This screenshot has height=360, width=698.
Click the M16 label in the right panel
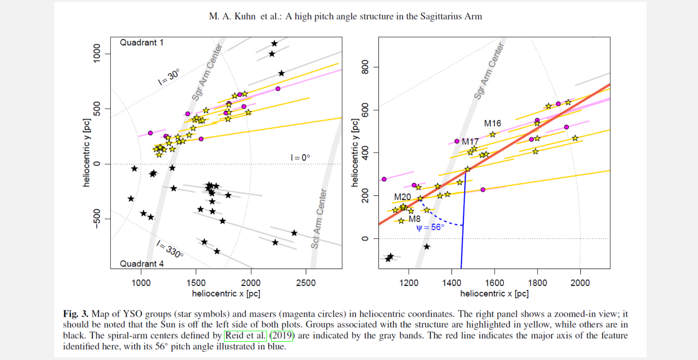click(x=492, y=123)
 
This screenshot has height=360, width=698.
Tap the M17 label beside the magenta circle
click(x=470, y=142)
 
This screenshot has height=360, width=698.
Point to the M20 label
click(x=402, y=197)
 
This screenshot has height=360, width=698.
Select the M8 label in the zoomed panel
click(x=414, y=219)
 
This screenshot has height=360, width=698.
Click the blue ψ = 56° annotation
click(x=430, y=228)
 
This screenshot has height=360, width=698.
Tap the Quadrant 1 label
click(x=141, y=42)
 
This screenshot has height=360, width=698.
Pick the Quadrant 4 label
click(x=141, y=264)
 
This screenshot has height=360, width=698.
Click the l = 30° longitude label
click(x=169, y=77)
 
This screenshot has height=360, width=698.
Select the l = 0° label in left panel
click(x=300, y=158)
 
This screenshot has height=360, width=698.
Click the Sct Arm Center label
click(x=318, y=219)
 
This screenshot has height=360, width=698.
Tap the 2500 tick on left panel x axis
click(x=305, y=283)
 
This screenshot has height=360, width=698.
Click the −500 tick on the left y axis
click(x=96, y=219)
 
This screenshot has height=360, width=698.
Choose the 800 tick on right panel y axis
click(x=365, y=67)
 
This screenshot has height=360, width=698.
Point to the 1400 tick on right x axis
click(x=452, y=283)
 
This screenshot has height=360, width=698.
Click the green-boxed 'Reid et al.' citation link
click(x=245, y=336)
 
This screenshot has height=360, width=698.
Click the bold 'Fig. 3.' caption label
click(x=76, y=314)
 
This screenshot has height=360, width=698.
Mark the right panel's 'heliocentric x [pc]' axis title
click(x=494, y=294)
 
